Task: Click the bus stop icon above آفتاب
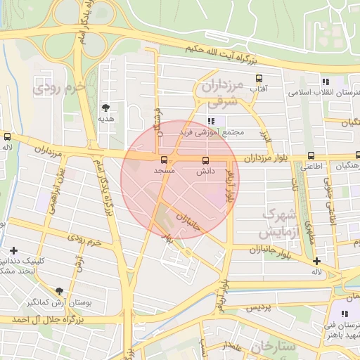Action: coord(259,78)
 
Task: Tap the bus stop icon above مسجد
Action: coord(164,160)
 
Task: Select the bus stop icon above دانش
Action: coord(205,160)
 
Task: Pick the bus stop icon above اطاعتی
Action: coord(311,156)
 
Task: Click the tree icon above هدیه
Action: coord(106,108)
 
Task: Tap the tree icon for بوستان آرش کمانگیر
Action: coord(58,291)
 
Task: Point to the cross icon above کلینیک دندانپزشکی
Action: coord(14,250)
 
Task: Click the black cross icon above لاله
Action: coord(317,261)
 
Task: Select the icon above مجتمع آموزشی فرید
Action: coord(211,121)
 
